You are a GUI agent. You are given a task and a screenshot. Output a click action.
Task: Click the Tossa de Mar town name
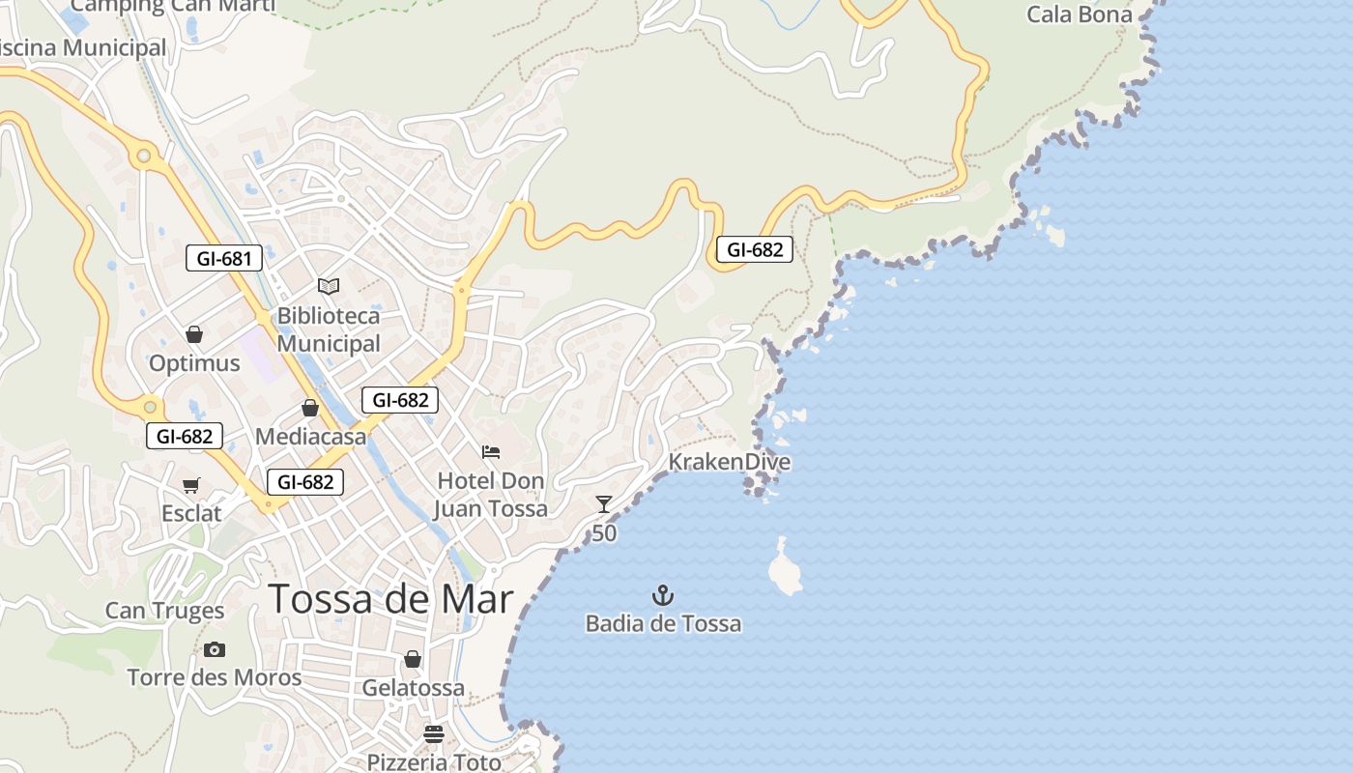(x=390, y=599)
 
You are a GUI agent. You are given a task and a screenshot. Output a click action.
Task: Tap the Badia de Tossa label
(x=663, y=623)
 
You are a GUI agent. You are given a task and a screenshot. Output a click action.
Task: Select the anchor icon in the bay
(x=663, y=594)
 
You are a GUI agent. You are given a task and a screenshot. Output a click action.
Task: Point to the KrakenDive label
(x=730, y=462)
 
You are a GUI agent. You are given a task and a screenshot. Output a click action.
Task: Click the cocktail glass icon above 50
(x=604, y=503)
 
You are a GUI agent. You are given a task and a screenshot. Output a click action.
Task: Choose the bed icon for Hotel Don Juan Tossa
(x=491, y=451)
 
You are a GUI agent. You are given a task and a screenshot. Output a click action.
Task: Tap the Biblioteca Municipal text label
(x=329, y=329)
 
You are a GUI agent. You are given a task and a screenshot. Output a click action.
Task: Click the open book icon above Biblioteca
(x=329, y=286)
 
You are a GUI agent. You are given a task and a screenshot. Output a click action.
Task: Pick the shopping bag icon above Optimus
(x=194, y=334)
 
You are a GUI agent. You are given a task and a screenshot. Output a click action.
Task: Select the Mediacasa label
(x=311, y=437)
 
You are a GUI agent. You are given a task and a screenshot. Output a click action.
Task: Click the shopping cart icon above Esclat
(x=191, y=485)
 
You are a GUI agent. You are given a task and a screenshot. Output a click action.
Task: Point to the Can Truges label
(x=164, y=611)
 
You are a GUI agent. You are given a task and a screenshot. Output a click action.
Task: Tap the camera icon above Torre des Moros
(x=215, y=649)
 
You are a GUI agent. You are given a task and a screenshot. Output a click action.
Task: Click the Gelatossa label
(x=414, y=688)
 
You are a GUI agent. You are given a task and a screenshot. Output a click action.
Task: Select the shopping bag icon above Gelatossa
(x=413, y=659)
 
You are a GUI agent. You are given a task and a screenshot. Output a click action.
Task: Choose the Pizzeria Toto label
(x=434, y=761)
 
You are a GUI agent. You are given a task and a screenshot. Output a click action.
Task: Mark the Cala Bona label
(x=1079, y=14)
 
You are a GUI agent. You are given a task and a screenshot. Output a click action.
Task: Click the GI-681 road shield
(x=224, y=258)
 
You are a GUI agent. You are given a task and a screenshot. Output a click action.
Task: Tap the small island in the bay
(x=785, y=568)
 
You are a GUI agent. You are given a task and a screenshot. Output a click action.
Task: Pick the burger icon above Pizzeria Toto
(x=434, y=734)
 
